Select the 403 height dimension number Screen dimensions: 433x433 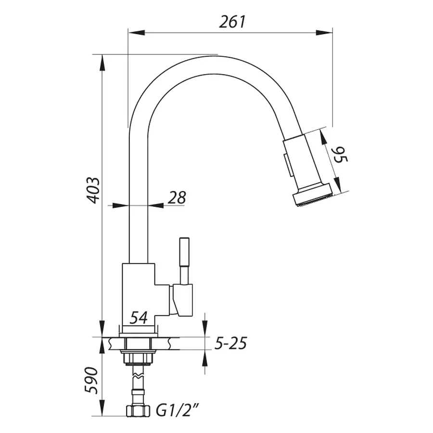click(x=93, y=190)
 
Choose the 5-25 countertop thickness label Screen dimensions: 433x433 click(x=230, y=344)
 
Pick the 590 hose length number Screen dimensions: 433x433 click(x=93, y=381)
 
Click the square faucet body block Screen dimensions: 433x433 click(x=139, y=289)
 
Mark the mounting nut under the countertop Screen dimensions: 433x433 click(x=139, y=358)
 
